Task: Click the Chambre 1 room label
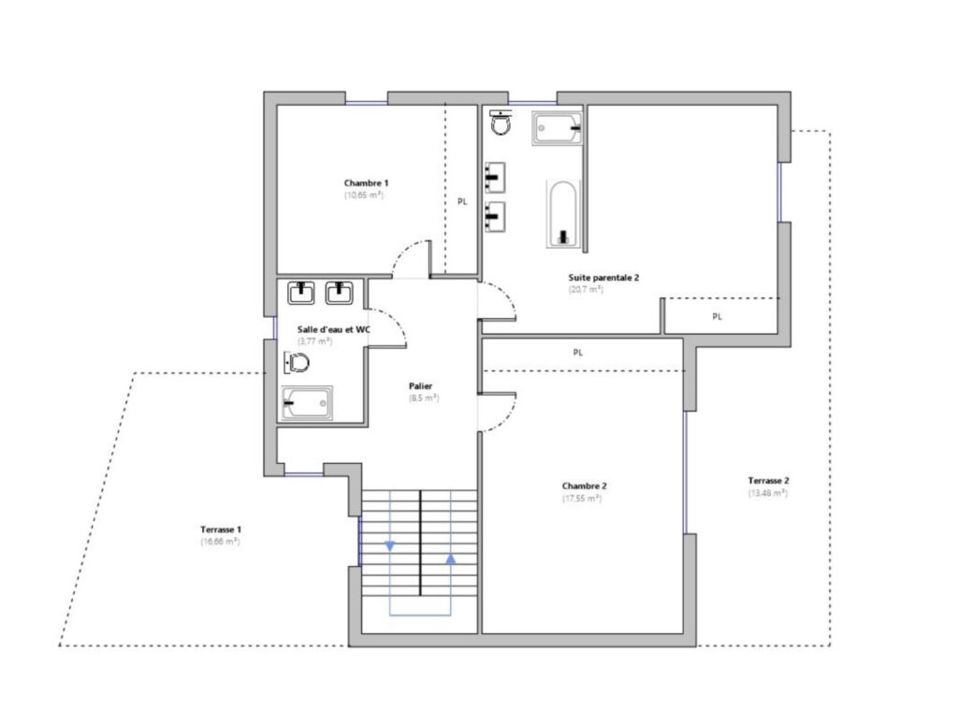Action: [366, 182]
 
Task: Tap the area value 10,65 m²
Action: [365, 195]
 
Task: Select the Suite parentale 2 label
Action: [603, 277]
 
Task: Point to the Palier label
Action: [420, 385]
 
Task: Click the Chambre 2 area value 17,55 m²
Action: [581, 499]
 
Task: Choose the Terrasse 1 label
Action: [221, 528]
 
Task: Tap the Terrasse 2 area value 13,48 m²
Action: [768, 493]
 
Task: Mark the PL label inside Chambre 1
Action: [462, 201]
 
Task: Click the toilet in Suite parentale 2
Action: [502, 123]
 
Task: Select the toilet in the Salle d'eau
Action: [299, 360]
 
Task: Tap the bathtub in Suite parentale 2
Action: [561, 213]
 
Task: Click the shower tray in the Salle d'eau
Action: [307, 403]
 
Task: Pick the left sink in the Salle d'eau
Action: [301, 294]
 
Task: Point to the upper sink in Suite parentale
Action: [495, 176]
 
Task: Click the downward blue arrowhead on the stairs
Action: [389, 546]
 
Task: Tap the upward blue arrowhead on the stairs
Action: [451, 559]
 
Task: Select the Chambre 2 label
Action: [585, 486]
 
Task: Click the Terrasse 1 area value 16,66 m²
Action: [221, 542]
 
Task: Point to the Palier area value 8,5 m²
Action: [424, 398]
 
